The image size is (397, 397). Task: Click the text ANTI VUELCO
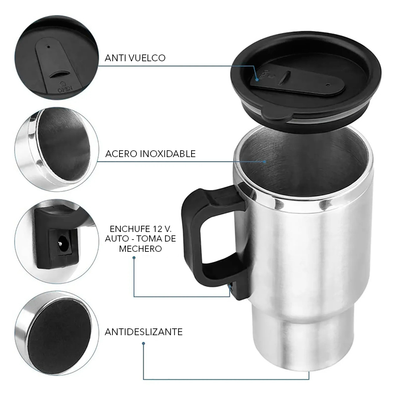pyautogui.click(x=135, y=58)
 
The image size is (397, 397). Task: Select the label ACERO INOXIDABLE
pyautogui.click(x=150, y=154)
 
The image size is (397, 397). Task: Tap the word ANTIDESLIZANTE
pyautogui.click(x=143, y=332)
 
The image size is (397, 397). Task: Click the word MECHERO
pyautogui.click(x=140, y=248)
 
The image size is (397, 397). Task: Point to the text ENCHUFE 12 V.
pyautogui.click(x=141, y=229)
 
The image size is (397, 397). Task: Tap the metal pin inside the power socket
pyautogui.click(x=60, y=243)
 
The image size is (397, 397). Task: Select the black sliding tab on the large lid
pyautogui.click(x=297, y=82)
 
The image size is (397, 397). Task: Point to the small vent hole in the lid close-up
pyautogui.click(x=49, y=47)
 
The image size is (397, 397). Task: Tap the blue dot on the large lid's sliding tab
pyautogui.click(x=257, y=79)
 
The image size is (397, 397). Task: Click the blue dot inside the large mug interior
pyautogui.click(x=265, y=161)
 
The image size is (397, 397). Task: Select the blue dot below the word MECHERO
pyautogui.click(x=134, y=257)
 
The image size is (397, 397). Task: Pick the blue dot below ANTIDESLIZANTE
pyautogui.click(x=143, y=344)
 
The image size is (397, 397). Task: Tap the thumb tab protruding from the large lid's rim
pyautogui.click(x=277, y=115)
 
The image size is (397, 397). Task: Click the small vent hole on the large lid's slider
pyautogui.click(x=328, y=85)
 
